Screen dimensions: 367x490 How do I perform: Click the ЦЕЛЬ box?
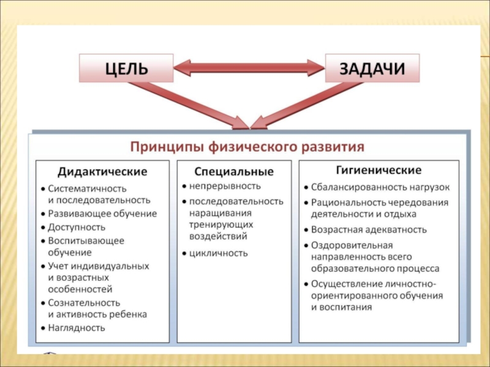coord(127,68)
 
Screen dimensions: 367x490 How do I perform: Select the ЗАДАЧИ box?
coord(372,68)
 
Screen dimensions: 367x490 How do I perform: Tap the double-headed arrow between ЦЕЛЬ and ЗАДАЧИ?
coord(249,68)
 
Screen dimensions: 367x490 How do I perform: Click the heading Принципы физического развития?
coord(247,147)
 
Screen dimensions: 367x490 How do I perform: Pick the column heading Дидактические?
coord(102,170)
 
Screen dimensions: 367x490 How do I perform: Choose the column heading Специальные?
coord(234,171)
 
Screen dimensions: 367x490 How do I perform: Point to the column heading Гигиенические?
coord(379,169)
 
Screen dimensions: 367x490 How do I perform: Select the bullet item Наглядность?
coord(77,327)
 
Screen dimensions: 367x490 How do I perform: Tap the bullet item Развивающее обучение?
coord(102,213)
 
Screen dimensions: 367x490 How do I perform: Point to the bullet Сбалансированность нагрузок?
coord(380,187)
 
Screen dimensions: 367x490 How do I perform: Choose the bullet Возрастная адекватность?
coord(369,230)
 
